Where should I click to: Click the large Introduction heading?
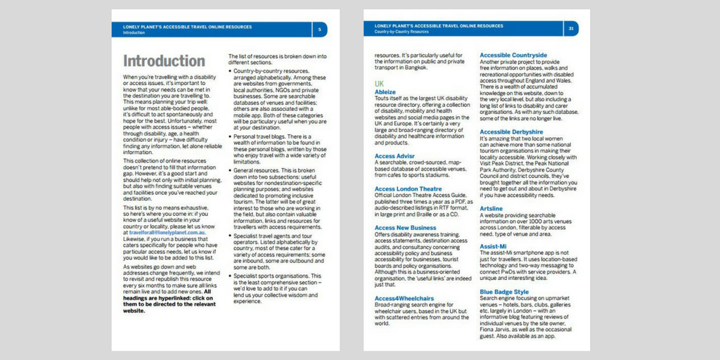pyautogui.click(x=164, y=61)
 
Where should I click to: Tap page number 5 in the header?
pyautogui.click(x=320, y=29)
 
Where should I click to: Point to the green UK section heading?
pyautogui.click(x=379, y=84)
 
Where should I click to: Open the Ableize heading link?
pyautogui.click(x=385, y=92)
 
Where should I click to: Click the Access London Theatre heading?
pyautogui.click(x=409, y=188)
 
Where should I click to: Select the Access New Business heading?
pyautogui.click(x=406, y=228)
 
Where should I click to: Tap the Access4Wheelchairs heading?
pyautogui.click(x=404, y=298)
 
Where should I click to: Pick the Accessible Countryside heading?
pyautogui.click(x=513, y=55)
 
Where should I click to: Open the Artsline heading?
pyautogui.click(x=491, y=209)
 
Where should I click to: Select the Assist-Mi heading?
pyautogui.click(x=494, y=247)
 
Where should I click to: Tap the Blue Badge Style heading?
pyautogui.click(x=504, y=292)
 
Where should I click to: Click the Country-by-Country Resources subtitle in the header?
pyautogui.click(x=401, y=32)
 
